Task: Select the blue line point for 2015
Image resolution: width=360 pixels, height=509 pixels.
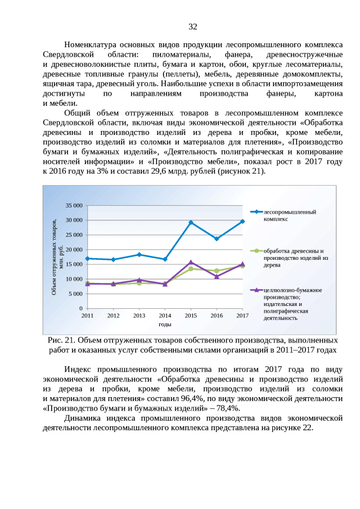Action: (191, 223)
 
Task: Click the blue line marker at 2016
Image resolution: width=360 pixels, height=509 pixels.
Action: (217, 238)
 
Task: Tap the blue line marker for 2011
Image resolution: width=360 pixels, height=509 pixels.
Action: (87, 258)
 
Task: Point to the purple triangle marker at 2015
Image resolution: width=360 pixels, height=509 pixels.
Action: (191, 262)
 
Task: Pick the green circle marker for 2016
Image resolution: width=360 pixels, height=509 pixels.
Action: (217, 271)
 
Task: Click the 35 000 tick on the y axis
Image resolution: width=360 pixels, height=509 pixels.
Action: (73, 205)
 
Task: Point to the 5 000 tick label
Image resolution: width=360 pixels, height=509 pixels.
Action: (75, 294)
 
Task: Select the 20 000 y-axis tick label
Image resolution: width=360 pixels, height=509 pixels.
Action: (73, 250)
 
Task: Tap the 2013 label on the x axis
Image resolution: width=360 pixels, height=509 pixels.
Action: (139, 316)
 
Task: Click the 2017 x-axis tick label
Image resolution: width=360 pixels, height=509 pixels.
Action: (242, 316)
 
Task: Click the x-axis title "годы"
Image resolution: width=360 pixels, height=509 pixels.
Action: (165, 325)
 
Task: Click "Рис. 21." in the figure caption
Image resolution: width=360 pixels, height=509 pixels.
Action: (61, 340)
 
